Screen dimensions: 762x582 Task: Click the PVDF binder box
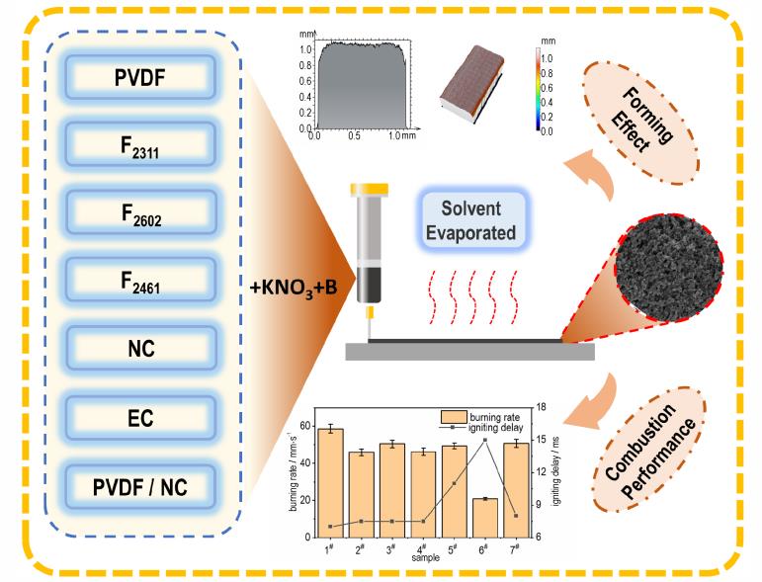point(140,77)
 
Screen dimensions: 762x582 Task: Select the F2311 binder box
point(140,144)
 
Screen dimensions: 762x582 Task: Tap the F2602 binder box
point(140,211)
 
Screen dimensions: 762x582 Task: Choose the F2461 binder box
point(140,280)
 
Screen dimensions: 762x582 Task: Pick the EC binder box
point(140,418)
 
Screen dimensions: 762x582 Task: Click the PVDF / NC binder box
point(140,487)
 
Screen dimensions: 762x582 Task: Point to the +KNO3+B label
point(294,289)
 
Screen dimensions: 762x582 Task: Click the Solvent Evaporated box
point(470,220)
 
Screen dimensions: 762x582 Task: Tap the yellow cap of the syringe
point(370,189)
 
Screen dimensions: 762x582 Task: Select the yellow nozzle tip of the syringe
point(371,312)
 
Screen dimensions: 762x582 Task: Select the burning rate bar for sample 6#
point(485,518)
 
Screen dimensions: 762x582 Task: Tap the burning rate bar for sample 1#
point(330,483)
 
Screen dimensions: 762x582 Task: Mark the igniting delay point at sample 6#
point(485,440)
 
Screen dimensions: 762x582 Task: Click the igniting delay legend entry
point(481,428)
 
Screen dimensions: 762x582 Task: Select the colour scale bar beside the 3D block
point(539,89)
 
